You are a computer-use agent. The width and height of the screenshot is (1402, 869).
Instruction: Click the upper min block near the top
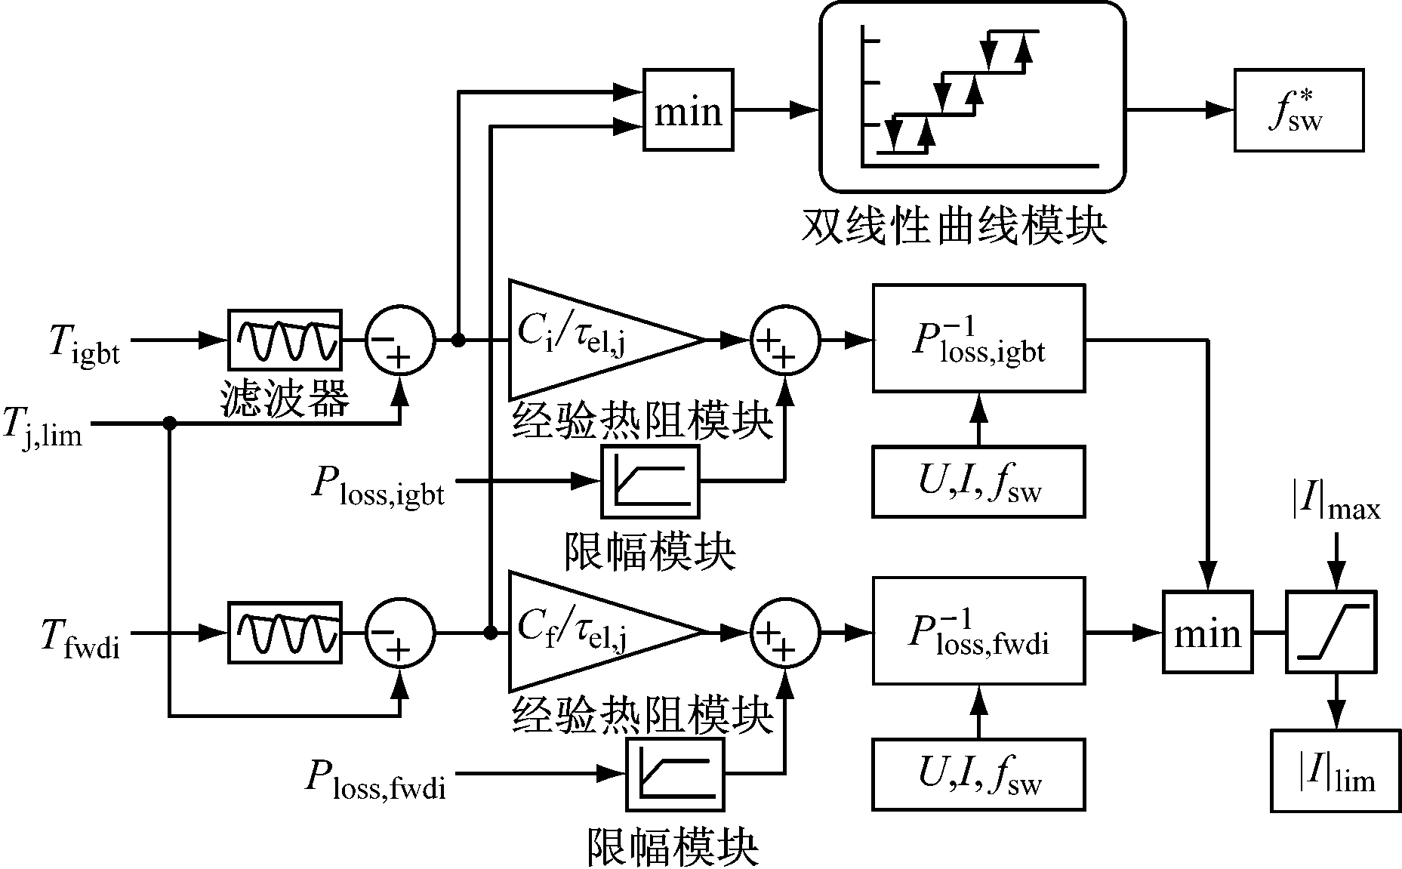click(x=688, y=110)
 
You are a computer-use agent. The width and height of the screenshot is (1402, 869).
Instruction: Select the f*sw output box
click(x=1299, y=110)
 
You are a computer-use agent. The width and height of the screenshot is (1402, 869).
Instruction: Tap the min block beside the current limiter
click(x=1207, y=632)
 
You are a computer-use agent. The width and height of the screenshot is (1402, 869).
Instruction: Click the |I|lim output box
click(x=1335, y=770)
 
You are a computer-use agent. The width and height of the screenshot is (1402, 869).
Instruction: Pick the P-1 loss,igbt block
click(x=978, y=338)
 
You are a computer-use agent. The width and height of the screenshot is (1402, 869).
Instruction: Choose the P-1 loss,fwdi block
click(x=978, y=630)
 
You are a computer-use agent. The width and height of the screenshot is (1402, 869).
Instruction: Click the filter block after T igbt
click(x=285, y=340)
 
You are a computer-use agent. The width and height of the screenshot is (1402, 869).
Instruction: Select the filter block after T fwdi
click(x=285, y=632)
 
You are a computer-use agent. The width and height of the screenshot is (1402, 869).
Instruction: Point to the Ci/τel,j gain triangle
click(x=589, y=340)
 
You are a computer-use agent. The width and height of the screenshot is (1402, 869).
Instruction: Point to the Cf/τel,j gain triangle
click(x=589, y=631)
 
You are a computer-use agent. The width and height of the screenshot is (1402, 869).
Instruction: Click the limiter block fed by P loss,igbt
click(x=650, y=481)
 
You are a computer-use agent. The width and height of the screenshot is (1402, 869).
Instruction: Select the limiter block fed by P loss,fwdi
click(x=674, y=774)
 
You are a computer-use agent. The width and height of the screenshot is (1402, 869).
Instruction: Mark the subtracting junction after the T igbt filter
click(x=400, y=341)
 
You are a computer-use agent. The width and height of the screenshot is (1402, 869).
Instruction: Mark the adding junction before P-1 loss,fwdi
click(x=785, y=632)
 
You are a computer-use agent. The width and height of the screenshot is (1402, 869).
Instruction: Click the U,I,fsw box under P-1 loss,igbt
click(x=978, y=482)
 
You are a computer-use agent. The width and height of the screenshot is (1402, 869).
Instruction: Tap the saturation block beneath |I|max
click(x=1332, y=632)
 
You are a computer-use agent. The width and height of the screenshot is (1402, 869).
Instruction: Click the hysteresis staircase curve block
click(x=972, y=97)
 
